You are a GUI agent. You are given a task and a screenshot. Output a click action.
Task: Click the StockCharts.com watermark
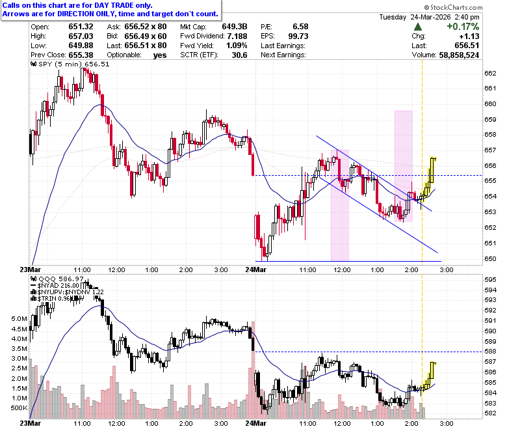[453, 7]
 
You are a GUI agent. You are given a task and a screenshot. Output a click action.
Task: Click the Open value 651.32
[81, 27]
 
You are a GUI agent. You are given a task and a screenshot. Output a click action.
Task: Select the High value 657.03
[81, 36]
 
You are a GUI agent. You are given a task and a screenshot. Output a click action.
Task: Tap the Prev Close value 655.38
[81, 55]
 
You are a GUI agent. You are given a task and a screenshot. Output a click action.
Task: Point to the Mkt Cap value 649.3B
[235, 27]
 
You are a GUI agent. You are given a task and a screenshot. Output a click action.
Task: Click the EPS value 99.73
[298, 36]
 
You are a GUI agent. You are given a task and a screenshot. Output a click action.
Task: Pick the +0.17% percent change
[463, 27]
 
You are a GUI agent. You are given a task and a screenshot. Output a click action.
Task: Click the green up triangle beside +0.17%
[417, 27]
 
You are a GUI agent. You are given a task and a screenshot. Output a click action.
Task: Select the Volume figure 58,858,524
[459, 55]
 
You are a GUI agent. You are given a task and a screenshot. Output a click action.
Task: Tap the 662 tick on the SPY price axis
[490, 73]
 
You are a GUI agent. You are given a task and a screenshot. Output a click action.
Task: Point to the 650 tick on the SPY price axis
[490, 258]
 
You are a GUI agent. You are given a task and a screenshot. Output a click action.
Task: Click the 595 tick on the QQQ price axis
[490, 280]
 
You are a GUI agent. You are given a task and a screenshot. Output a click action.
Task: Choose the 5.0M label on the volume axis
[19, 319]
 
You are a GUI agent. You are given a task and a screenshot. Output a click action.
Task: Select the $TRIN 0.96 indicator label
[54, 299]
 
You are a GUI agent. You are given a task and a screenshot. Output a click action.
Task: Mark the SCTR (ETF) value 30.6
[239, 55]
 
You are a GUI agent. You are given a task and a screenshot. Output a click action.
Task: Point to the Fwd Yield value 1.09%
[237, 46]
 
